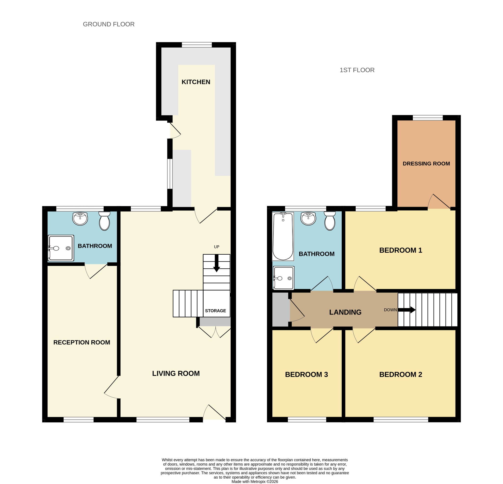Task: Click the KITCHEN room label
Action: point(196,82)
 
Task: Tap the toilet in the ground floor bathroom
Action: point(104,221)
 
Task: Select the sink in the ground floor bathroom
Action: point(80,219)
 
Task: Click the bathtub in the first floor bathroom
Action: point(283,236)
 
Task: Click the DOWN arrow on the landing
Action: point(407,310)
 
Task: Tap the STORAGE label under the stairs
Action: point(215,311)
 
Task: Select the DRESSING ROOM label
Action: point(426,164)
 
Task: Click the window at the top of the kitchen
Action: point(197,45)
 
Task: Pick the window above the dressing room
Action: point(428,118)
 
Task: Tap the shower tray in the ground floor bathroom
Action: point(61,248)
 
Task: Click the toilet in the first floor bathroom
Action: point(330,221)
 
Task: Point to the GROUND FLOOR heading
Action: point(109,24)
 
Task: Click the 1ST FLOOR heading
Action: point(357,70)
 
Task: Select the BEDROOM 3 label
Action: point(307,375)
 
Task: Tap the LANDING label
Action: point(345,312)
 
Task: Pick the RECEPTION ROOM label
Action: point(82,342)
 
